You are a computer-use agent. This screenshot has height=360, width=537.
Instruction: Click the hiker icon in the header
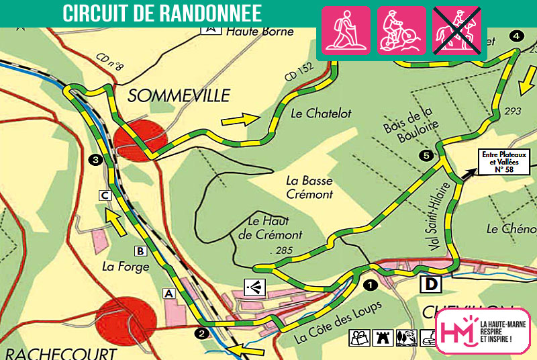(x=347, y=30)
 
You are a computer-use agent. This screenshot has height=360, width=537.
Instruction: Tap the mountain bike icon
(x=401, y=30)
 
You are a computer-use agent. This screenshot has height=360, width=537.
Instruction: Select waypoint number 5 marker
(x=426, y=156)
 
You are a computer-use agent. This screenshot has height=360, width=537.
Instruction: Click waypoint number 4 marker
(x=516, y=36)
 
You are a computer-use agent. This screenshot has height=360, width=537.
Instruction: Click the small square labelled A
(x=168, y=293)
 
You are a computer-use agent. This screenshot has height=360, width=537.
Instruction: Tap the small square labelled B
(x=140, y=251)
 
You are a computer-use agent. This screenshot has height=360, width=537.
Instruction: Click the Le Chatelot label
(x=321, y=114)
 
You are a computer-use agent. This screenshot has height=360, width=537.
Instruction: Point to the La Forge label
(x=120, y=266)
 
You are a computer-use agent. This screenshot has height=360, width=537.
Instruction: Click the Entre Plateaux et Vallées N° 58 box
(x=503, y=161)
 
